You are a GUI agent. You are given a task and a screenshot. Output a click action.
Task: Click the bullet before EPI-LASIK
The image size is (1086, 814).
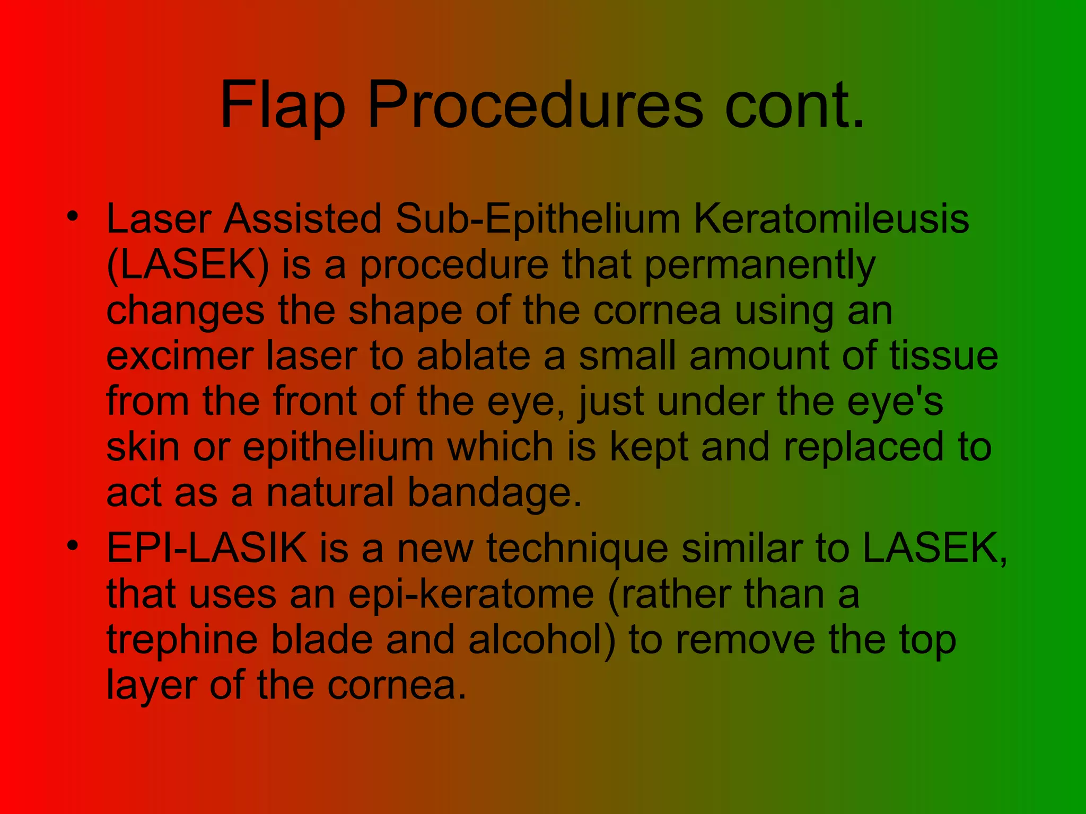[73, 545]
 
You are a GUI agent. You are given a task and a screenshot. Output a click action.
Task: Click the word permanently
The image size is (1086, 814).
[759, 264]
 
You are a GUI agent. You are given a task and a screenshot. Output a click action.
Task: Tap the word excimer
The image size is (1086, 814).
[179, 356]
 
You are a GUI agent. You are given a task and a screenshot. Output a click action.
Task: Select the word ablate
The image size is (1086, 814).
[473, 356]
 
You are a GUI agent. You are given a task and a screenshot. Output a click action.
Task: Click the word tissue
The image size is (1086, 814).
[943, 356]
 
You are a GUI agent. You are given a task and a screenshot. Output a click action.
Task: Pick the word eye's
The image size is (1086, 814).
[895, 401]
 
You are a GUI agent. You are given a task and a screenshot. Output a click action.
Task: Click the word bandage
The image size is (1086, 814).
[494, 492]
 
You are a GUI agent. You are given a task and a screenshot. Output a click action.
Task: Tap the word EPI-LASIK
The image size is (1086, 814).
[207, 548]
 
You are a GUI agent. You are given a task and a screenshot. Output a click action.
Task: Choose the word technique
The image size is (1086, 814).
[577, 548]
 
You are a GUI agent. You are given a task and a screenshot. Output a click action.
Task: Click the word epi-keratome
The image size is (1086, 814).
[471, 594]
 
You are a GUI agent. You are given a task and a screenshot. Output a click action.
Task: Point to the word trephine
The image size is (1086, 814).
[182, 640]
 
